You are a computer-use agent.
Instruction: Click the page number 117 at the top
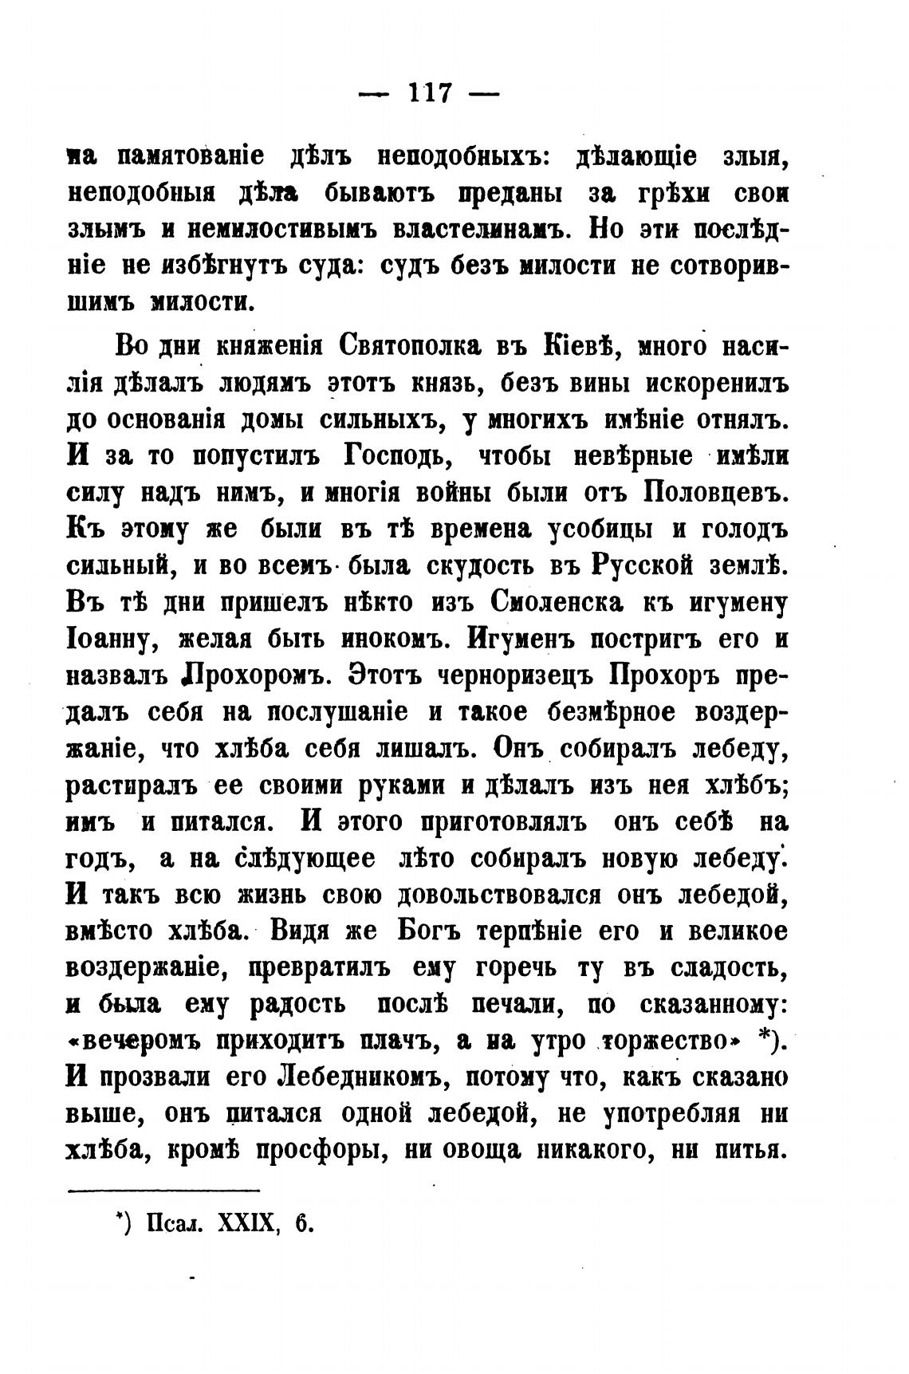click(430, 93)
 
